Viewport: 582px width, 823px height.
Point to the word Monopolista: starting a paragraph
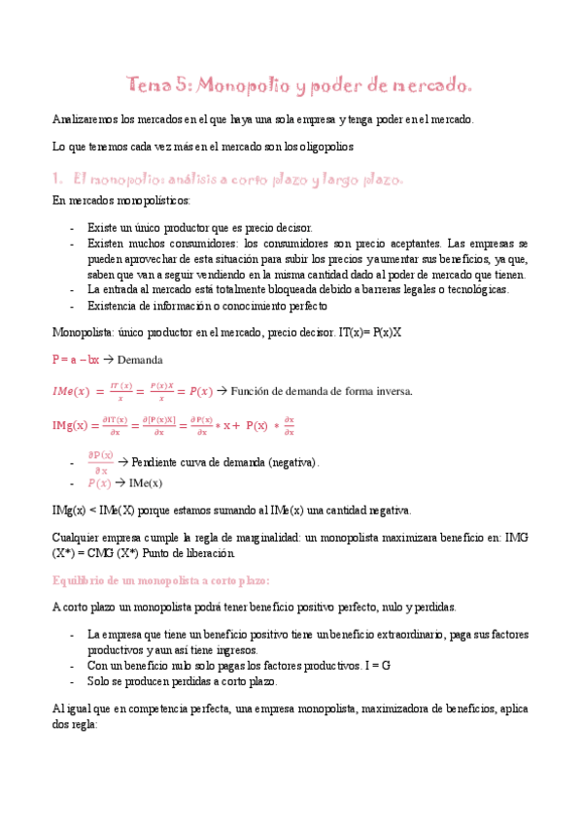[83, 332]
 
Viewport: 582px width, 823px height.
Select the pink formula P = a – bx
[76, 360]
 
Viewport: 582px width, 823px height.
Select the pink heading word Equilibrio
[81, 579]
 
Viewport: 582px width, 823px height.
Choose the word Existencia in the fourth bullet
[114, 306]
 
